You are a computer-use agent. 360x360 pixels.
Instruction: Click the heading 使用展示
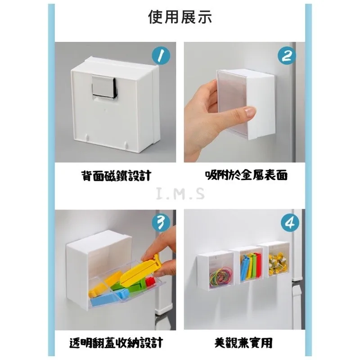(x=180, y=17)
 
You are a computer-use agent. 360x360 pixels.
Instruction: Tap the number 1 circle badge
(x=161, y=56)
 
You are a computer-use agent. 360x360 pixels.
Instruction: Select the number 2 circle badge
(x=286, y=55)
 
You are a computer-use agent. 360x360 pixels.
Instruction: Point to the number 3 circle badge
(x=161, y=223)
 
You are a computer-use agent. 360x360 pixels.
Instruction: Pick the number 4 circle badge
(x=290, y=223)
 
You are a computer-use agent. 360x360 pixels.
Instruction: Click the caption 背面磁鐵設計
(x=116, y=175)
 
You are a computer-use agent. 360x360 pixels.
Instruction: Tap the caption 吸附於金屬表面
(x=246, y=175)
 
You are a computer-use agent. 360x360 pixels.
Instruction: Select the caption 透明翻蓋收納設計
(x=116, y=342)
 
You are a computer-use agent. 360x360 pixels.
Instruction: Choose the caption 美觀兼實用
(x=243, y=342)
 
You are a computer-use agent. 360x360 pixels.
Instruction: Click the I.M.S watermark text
(x=180, y=193)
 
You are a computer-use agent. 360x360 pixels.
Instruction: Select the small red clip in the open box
(x=149, y=282)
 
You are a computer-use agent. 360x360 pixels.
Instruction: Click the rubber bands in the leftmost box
(x=220, y=278)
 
